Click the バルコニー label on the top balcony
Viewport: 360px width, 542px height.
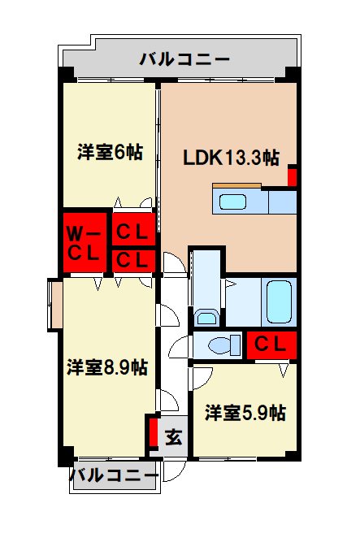(184, 59)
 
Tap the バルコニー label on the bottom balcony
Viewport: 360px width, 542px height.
(113, 475)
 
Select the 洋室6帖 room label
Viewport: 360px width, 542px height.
(110, 153)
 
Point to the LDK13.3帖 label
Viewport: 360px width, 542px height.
(231, 158)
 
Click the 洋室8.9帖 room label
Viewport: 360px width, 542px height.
(106, 367)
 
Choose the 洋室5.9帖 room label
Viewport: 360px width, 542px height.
(245, 412)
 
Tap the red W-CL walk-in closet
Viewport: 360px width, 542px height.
(84, 241)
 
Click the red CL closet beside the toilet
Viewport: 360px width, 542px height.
(271, 345)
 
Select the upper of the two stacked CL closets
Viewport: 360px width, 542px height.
(132, 232)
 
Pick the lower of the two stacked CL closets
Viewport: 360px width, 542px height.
(132, 260)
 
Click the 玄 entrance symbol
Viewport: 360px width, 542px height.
(173, 437)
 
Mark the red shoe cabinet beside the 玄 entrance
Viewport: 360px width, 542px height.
(152, 432)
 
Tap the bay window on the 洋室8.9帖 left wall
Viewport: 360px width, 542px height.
(54, 304)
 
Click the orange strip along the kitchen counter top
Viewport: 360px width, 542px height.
(236, 187)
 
